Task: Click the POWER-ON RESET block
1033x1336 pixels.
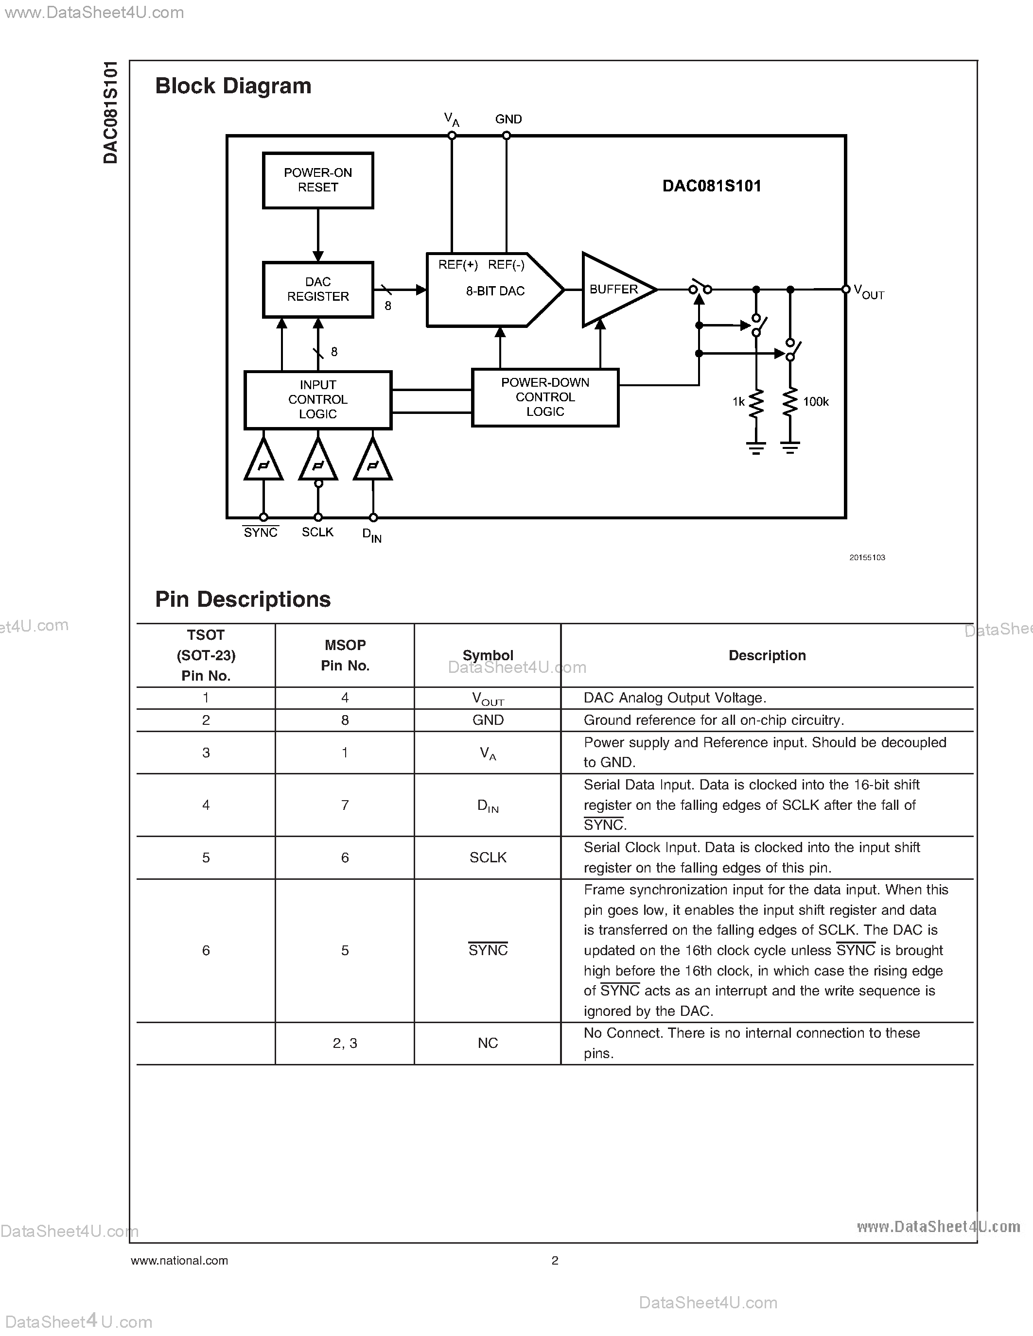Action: click(317, 180)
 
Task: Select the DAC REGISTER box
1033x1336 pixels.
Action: click(317, 290)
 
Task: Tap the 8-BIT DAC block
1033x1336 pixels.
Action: click(494, 290)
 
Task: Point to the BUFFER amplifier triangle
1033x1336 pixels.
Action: click(614, 290)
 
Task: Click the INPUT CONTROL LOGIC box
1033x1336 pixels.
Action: click(317, 399)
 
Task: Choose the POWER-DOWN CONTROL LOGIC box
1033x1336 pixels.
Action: click(544, 397)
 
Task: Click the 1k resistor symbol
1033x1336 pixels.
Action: click(756, 404)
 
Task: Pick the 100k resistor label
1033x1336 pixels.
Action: click(816, 402)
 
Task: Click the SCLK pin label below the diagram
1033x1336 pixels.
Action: click(317, 532)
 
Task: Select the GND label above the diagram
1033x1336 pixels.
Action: click(508, 120)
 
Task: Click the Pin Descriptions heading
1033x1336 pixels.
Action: click(243, 599)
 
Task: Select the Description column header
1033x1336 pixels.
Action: click(767, 655)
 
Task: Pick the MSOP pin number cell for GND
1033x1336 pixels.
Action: click(345, 720)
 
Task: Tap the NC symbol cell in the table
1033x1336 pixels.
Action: click(488, 1043)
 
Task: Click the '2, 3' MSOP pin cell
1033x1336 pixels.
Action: click(345, 1043)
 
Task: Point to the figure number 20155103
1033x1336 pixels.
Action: click(867, 557)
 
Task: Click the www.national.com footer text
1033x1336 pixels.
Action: click(179, 1260)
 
